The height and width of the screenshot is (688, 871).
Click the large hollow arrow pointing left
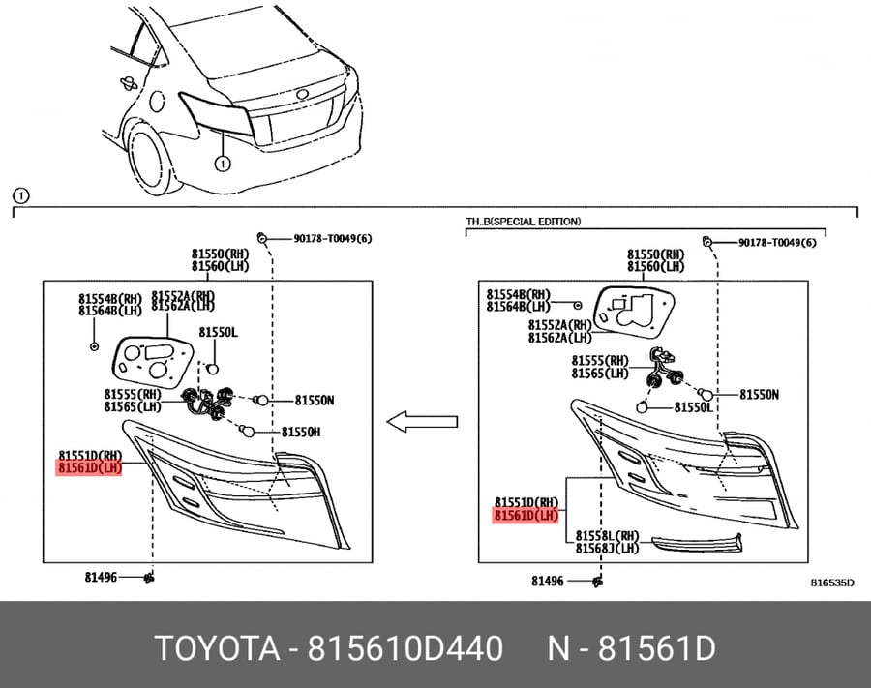(422, 422)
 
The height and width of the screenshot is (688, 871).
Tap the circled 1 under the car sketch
(223, 164)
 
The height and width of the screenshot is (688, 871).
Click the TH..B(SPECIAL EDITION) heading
(524, 222)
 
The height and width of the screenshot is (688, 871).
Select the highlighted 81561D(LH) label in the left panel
(89, 468)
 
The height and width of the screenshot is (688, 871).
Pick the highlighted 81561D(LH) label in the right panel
(526, 516)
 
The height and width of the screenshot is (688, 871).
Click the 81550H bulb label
(301, 432)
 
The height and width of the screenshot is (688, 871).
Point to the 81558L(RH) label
(607, 536)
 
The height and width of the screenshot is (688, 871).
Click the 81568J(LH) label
(607, 549)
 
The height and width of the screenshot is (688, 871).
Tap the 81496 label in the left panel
(101, 578)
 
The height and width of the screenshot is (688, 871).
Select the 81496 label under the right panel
(548, 581)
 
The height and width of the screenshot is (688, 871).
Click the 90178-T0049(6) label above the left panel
(333, 239)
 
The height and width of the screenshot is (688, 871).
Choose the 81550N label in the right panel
(759, 395)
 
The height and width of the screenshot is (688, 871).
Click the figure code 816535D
(832, 583)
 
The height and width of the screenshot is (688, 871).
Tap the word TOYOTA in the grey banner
(217, 648)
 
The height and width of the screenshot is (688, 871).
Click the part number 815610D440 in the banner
(405, 648)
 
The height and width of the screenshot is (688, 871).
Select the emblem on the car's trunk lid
(303, 93)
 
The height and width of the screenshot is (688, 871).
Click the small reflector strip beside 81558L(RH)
(697, 544)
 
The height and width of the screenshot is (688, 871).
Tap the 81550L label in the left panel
(219, 333)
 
